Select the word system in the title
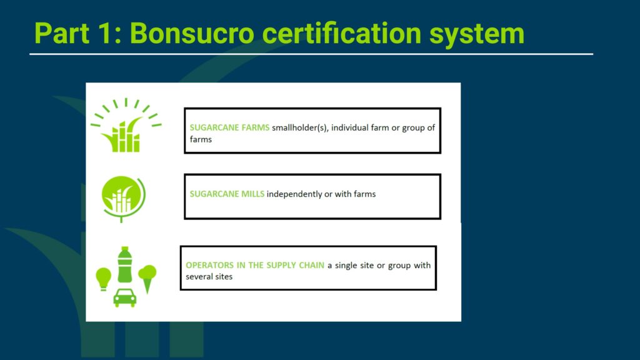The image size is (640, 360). pyautogui.click(x=477, y=35)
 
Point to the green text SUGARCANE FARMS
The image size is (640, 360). pyautogui.click(x=229, y=127)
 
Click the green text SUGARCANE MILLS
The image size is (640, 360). pyautogui.click(x=227, y=194)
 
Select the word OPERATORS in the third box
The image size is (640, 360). pyautogui.click(x=209, y=265)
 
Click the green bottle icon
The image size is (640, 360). pyautogui.click(x=125, y=264)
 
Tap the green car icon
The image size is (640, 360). pyautogui.click(x=125, y=297)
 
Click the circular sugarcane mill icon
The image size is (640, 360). pyautogui.click(x=123, y=199)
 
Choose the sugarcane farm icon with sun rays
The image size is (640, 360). pyautogui.click(x=126, y=125)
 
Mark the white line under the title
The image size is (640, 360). pyautogui.click(x=311, y=54)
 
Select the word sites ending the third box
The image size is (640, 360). pyautogui.click(x=224, y=277)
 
